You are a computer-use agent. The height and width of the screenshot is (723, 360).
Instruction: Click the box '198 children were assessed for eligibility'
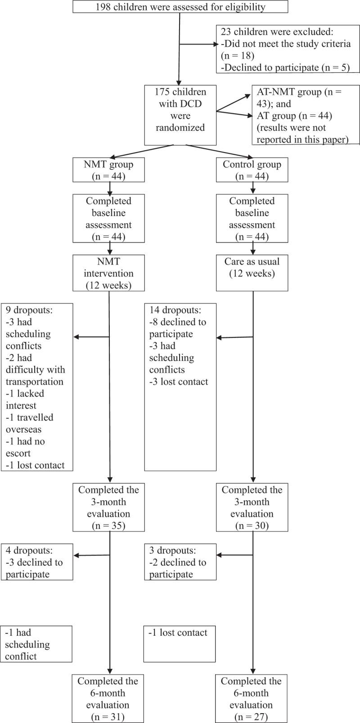click(180, 7)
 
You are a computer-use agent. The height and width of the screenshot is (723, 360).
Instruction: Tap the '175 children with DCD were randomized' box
click(180, 110)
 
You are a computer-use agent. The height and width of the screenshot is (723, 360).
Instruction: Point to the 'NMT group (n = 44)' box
click(109, 170)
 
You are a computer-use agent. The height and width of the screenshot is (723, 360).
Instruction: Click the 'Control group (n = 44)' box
click(252, 170)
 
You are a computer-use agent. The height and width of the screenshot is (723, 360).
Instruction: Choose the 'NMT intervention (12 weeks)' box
click(109, 273)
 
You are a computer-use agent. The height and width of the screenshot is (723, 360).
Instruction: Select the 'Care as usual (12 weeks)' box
click(252, 267)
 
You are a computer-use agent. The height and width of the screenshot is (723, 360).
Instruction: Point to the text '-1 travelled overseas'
click(30, 423)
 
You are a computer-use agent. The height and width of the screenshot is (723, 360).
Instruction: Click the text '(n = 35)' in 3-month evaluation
click(109, 525)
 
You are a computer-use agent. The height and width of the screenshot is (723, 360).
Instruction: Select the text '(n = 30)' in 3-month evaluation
click(252, 525)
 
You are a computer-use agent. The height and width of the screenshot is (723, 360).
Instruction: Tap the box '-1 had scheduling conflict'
click(36, 644)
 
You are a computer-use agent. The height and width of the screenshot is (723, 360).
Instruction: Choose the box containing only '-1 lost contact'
click(180, 644)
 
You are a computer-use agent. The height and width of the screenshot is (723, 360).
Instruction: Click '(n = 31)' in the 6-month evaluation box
click(109, 716)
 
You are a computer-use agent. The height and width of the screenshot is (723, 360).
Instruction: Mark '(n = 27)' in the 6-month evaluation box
click(252, 716)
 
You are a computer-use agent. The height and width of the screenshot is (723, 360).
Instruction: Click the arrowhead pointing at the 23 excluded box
click(214, 44)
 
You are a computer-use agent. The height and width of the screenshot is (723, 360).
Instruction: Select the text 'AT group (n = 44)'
click(294, 116)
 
